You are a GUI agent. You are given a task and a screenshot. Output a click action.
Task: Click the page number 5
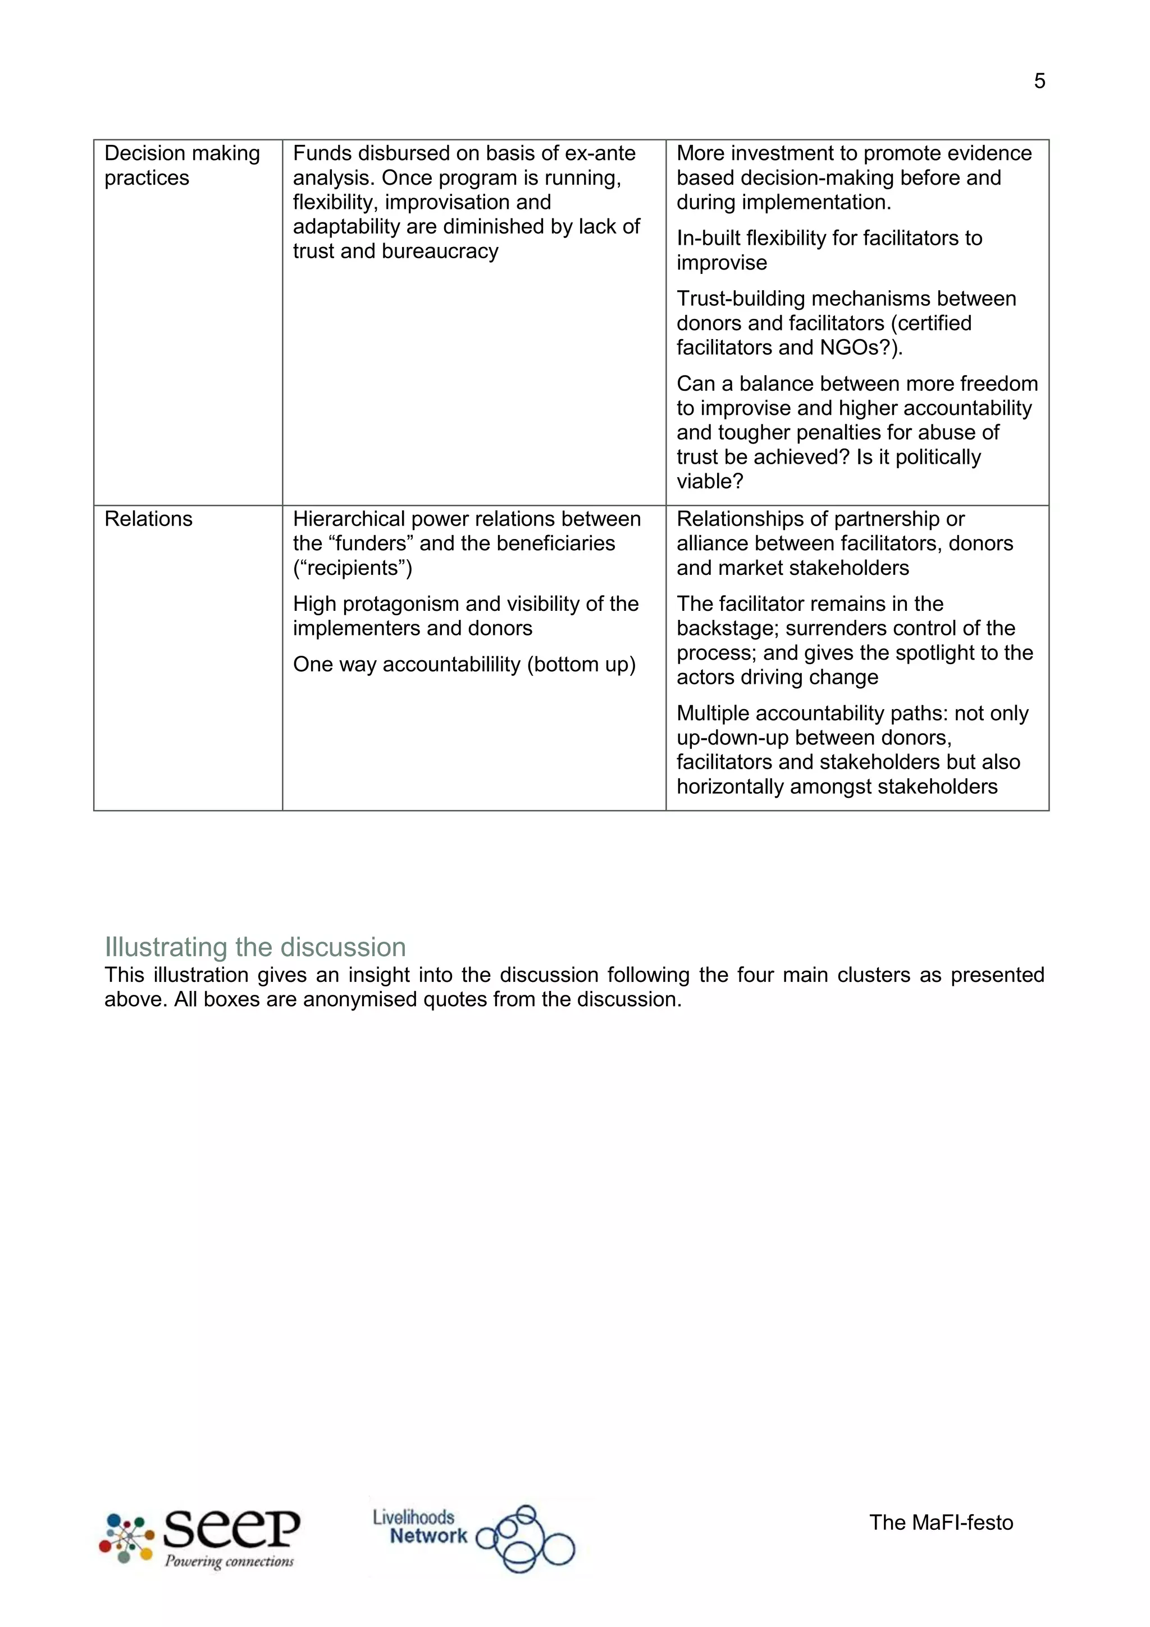[x=1039, y=81]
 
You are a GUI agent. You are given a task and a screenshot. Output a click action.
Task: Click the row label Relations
[x=148, y=519]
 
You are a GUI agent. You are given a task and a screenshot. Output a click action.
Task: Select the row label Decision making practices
[x=181, y=165]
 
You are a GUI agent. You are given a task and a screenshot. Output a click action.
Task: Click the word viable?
[x=709, y=482]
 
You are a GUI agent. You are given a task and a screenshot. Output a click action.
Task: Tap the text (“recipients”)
[x=352, y=568]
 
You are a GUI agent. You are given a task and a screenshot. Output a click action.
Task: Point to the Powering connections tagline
[x=229, y=1561]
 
